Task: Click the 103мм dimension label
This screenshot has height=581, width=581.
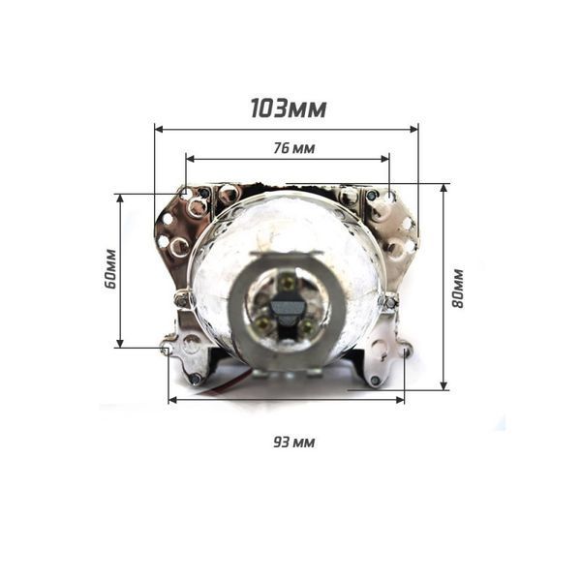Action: pos(289,108)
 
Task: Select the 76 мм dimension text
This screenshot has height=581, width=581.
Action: pos(294,148)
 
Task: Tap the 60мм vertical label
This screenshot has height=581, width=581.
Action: pos(110,268)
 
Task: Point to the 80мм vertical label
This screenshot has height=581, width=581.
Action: pos(458,288)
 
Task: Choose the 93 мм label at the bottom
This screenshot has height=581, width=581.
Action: pos(294,443)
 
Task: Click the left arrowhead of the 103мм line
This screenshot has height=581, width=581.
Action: pos(159,129)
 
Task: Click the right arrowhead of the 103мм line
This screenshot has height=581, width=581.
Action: pos(413,129)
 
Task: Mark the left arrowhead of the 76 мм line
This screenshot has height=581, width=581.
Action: pos(191,159)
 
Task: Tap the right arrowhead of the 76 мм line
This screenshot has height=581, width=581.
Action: pos(385,159)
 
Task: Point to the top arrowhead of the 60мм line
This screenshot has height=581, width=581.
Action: pos(120,199)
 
